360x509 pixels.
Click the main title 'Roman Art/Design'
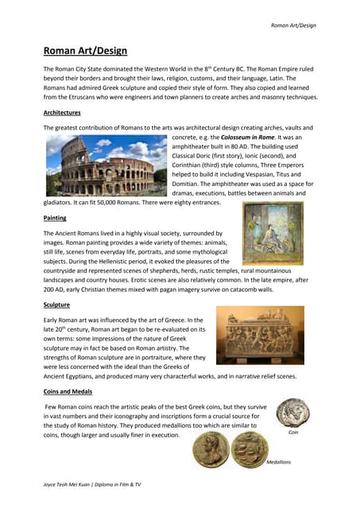point(85,51)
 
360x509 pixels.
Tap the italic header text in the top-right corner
point(293,25)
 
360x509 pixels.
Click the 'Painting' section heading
point(55,217)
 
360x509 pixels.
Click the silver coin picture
point(292,414)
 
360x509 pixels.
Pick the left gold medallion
point(213,452)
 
